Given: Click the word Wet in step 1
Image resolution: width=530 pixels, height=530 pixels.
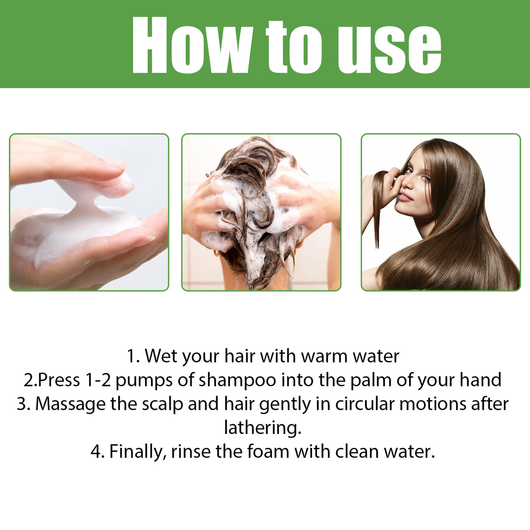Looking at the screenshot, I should point(160,356).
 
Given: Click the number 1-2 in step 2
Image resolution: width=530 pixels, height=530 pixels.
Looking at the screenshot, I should point(98,380).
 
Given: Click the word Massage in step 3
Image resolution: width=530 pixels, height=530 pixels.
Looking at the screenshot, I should point(70,404).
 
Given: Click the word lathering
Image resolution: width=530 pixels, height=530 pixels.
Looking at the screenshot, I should point(263,427).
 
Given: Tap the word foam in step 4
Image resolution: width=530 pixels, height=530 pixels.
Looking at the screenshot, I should point(268,451).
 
